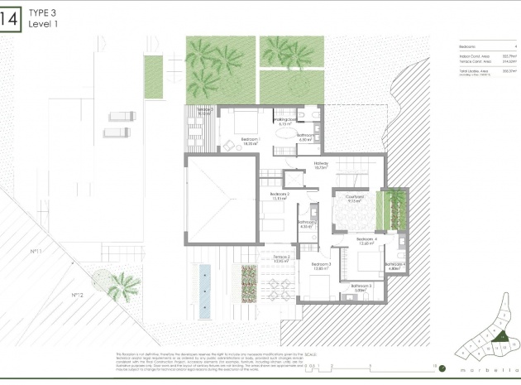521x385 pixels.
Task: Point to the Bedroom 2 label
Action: (281, 195)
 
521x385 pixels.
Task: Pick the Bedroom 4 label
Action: (367, 239)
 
